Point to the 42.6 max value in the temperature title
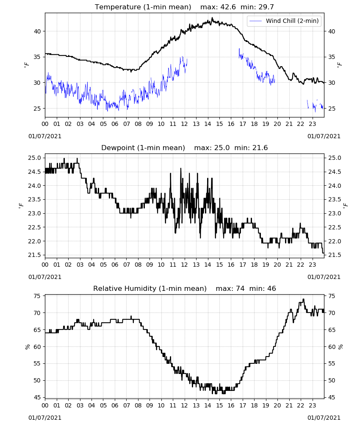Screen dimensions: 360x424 228,7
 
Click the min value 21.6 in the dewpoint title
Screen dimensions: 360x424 260,148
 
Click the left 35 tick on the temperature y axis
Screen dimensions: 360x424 37,57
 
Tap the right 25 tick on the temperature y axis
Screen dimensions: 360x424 332,109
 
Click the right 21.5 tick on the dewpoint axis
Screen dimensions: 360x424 335,255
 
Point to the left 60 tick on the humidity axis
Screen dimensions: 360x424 37,347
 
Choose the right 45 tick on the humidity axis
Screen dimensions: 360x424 332,398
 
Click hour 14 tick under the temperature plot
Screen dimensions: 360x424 208,124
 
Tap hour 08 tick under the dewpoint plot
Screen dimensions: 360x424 138,265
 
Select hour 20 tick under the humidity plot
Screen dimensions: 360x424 277,405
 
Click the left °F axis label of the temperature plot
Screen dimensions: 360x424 26,65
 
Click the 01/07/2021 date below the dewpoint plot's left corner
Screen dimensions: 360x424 45,277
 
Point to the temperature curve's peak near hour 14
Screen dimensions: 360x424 212,18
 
